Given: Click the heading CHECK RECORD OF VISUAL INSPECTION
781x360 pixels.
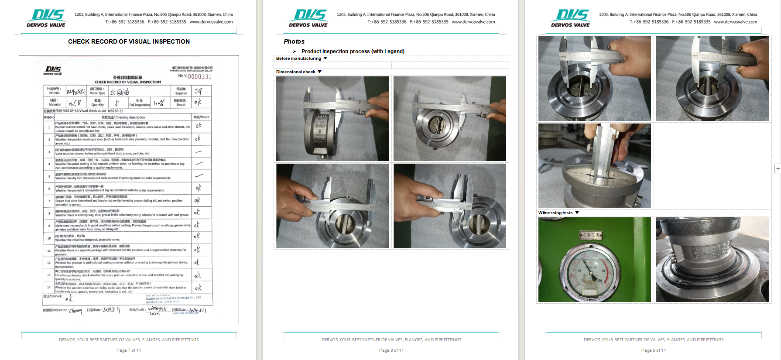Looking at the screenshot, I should click(x=129, y=41).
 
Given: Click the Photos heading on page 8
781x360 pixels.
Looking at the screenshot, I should click(x=294, y=41).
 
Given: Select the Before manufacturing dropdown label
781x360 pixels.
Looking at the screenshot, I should click(x=299, y=58).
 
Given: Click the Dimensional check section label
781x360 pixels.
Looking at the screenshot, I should click(x=296, y=72).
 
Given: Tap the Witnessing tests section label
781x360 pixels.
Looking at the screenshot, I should click(x=555, y=213).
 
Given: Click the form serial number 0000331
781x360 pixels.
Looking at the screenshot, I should click(x=199, y=77).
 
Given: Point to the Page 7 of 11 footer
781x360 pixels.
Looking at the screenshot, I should click(x=129, y=350).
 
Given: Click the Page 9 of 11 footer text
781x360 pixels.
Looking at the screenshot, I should click(x=653, y=350).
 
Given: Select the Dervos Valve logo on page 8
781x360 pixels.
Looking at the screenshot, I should click(x=308, y=18).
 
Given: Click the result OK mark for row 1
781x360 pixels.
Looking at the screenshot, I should click(x=199, y=126).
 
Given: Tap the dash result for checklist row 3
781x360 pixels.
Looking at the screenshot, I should click(x=199, y=152).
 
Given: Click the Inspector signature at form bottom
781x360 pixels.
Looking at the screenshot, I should click(x=75, y=311).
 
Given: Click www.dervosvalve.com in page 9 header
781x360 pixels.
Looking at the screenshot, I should click(x=735, y=22).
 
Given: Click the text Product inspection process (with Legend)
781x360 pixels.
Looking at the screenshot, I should click(x=353, y=51).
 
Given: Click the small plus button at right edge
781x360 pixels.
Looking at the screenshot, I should click(x=778, y=169).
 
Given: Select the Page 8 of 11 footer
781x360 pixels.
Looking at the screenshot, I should click(x=391, y=350).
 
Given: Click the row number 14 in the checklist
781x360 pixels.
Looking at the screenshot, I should click(x=49, y=288).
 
